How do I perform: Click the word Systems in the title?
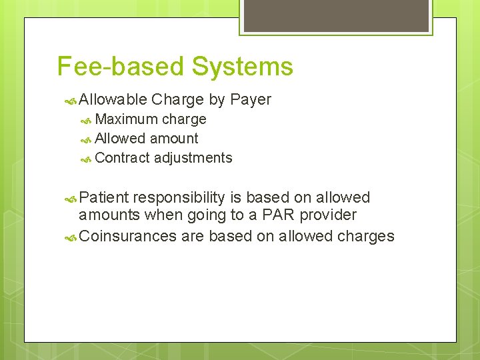pyautogui.click(x=242, y=67)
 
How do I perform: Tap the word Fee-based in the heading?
pyautogui.click(x=120, y=67)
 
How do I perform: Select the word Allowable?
pyautogui.click(x=113, y=100)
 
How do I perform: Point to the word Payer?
pyautogui.click(x=250, y=100)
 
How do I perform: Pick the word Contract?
pyautogui.click(x=123, y=158)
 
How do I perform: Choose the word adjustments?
pyautogui.click(x=193, y=158)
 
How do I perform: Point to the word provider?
pyautogui.click(x=328, y=215)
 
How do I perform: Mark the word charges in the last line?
pyautogui.click(x=365, y=237)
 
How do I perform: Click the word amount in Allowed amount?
pyautogui.click(x=174, y=139)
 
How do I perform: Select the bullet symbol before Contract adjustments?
pyautogui.click(x=86, y=159)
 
